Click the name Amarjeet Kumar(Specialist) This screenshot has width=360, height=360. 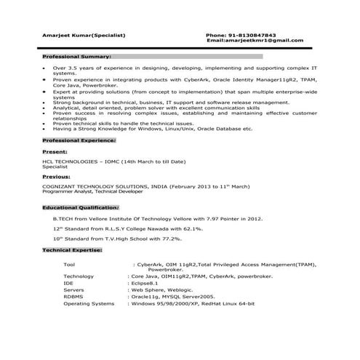pos(84,35)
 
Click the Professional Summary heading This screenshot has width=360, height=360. pos(76,56)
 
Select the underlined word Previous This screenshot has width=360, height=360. pos(57,176)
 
